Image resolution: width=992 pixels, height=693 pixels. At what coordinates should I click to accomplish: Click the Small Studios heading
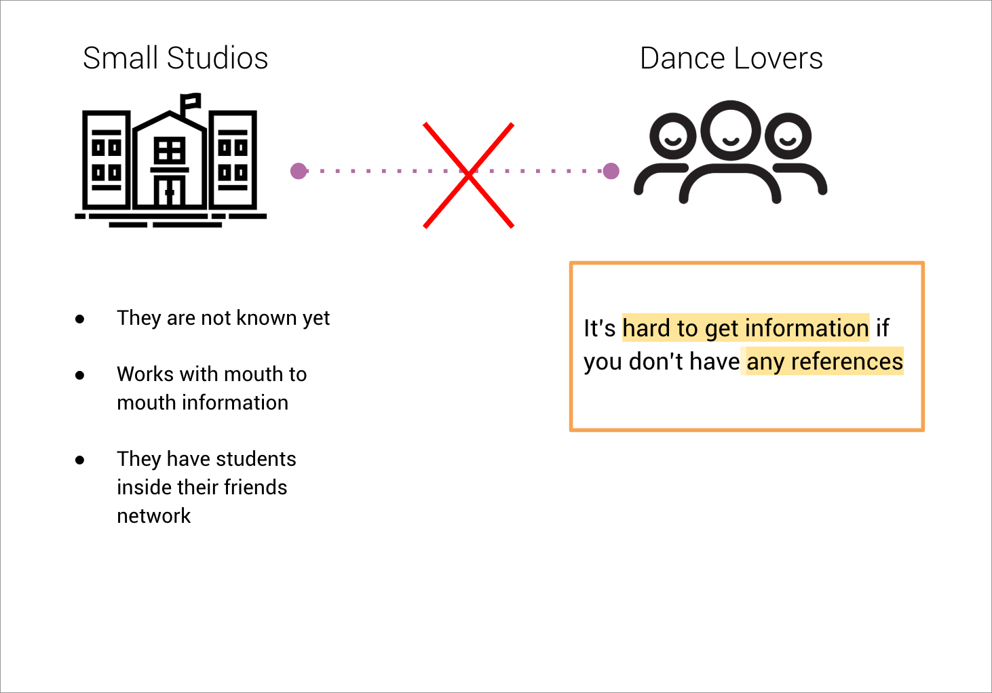(x=175, y=58)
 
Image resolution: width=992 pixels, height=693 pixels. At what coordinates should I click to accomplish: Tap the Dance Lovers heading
(x=731, y=58)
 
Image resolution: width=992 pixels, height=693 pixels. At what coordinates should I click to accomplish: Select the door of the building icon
(x=170, y=191)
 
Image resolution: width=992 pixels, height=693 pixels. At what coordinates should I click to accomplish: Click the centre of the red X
(x=468, y=175)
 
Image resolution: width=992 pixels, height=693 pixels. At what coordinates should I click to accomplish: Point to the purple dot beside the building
(x=299, y=171)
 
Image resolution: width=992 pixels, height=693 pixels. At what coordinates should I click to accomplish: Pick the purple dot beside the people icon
(x=611, y=171)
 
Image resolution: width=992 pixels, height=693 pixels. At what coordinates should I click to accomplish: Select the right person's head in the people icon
(x=788, y=136)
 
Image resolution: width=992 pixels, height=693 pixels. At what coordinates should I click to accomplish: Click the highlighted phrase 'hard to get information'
(x=745, y=328)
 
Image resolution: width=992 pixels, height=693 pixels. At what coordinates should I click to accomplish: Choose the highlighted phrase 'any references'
(x=824, y=361)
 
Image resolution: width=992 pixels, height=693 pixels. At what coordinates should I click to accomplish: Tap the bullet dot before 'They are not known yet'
(x=80, y=318)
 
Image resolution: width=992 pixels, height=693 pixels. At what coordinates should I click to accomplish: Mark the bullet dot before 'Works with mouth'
(x=80, y=374)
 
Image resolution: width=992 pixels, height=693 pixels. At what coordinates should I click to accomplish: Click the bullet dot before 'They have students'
(x=80, y=460)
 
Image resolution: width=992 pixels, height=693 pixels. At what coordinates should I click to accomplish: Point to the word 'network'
(x=153, y=516)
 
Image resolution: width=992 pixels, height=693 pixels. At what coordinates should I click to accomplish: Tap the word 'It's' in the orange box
(x=599, y=328)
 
